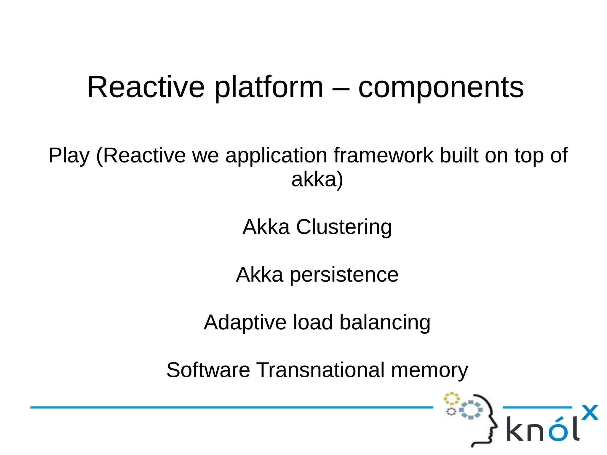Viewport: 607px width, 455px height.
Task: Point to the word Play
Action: (x=69, y=155)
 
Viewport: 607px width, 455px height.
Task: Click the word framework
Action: (x=383, y=155)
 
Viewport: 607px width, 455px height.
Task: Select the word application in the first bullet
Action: (x=276, y=155)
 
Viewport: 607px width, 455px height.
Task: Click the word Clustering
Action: (x=344, y=227)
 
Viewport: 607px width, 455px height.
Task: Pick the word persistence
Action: (x=344, y=275)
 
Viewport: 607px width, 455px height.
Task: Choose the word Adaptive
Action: (x=245, y=323)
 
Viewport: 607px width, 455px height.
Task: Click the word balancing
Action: (x=385, y=323)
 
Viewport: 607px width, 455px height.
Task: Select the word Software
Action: (x=208, y=370)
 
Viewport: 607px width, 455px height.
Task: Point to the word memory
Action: (x=429, y=370)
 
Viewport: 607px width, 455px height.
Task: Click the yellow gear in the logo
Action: (x=451, y=399)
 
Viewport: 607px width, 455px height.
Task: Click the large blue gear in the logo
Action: (x=471, y=410)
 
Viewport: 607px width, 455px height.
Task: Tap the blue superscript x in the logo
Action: (x=590, y=413)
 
